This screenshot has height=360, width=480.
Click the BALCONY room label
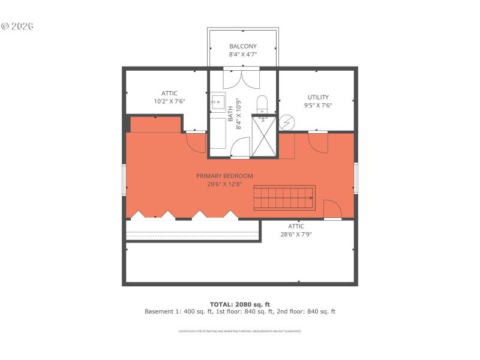click(x=243, y=46)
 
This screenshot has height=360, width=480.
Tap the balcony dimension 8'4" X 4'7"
click(x=243, y=55)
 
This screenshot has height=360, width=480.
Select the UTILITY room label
click(x=318, y=97)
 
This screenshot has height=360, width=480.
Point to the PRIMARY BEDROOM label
click(x=225, y=176)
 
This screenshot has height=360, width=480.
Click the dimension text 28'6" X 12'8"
click(x=225, y=184)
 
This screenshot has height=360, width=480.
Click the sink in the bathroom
click(x=217, y=102)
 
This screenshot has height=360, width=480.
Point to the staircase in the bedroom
click(x=284, y=197)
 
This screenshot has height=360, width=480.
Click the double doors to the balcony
click(x=241, y=79)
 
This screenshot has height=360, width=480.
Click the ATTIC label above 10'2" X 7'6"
click(x=169, y=93)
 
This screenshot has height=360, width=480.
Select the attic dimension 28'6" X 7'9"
click(x=296, y=235)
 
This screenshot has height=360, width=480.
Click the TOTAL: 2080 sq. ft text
click(x=240, y=304)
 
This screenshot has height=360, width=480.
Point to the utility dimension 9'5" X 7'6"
click(x=319, y=105)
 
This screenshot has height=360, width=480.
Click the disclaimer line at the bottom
click(x=240, y=331)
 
